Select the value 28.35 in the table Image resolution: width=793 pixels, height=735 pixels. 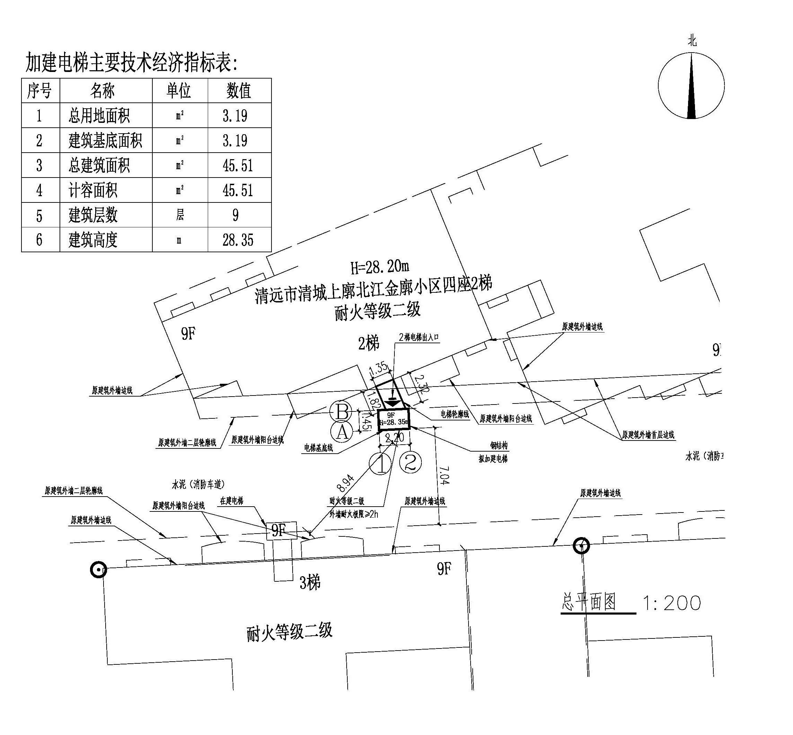pyautogui.click(x=238, y=240)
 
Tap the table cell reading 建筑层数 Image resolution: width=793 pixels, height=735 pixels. pyautogui.click(x=93, y=215)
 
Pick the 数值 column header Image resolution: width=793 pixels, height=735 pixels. pyautogui.click(x=239, y=91)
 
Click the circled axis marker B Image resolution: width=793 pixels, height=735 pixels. pyautogui.click(x=341, y=411)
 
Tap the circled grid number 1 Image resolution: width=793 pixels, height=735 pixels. pyautogui.click(x=380, y=463)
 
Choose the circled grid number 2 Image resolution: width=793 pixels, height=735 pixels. pyautogui.click(x=410, y=462)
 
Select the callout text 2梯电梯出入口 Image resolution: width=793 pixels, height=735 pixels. pyautogui.click(x=418, y=337)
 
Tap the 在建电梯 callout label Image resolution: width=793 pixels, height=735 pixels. pyautogui.click(x=231, y=501)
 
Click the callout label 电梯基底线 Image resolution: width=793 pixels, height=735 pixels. pyautogui.click(x=318, y=448)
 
